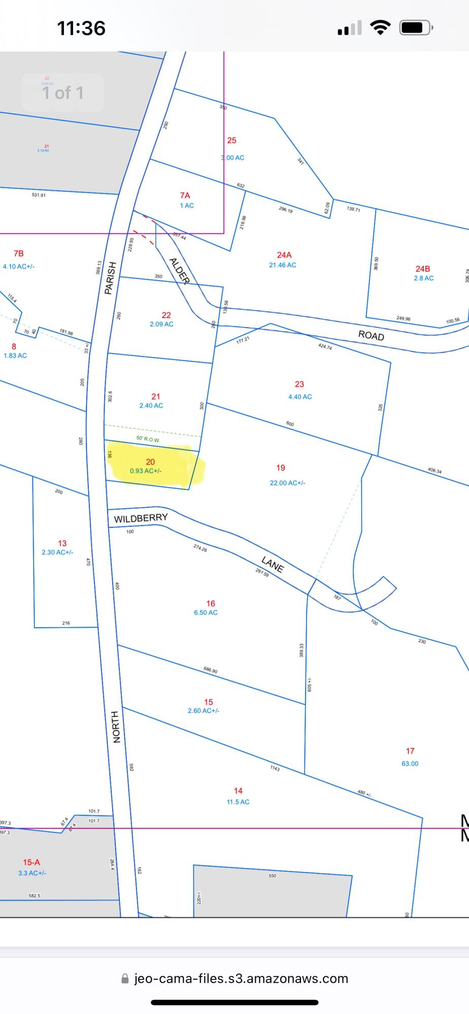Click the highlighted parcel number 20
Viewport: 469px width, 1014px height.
click(150, 462)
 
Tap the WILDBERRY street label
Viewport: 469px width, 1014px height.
click(141, 518)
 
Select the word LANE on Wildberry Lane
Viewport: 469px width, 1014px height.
click(272, 564)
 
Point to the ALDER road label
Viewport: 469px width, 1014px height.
click(179, 271)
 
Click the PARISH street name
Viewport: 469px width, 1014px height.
click(110, 278)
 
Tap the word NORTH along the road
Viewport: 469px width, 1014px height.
click(116, 727)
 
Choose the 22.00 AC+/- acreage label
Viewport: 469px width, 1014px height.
click(287, 483)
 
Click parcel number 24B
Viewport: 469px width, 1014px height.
click(423, 269)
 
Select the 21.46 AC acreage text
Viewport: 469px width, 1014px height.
click(283, 265)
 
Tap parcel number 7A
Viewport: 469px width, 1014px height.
click(185, 195)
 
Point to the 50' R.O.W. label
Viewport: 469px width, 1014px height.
click(148, 439)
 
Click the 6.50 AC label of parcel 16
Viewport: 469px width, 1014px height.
click(206, 612)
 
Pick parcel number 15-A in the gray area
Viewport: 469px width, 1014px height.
click(31, 862)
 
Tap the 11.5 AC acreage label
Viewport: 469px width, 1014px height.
click(238, 802)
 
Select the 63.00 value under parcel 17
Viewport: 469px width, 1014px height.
click(410, 764)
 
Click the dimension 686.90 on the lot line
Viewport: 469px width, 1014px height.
click(211, 670)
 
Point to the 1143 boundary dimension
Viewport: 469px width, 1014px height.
click(275, 769)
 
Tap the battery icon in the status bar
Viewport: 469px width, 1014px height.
click(416, 27)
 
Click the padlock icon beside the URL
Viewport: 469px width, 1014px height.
click(125, 979)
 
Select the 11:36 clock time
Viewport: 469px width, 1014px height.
click(81, 28)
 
